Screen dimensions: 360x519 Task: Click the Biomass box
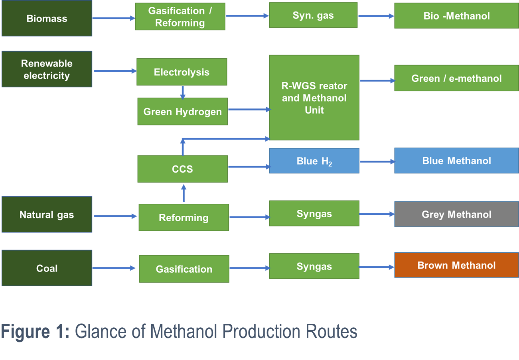[x=47, y=19]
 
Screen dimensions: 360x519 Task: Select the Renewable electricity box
[x=47, y=69]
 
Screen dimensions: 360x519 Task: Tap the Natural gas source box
[x=47, y=214]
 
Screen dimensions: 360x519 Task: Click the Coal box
[x=47, y=268]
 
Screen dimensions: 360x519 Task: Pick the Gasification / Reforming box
[x=180, y=17]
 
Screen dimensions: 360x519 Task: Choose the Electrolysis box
[x=182, y=72]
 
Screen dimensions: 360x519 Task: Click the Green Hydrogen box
[x=183, y=112]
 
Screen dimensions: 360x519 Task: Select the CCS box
[x=182, y=169]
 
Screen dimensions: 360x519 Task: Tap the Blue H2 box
[x=314, y=161]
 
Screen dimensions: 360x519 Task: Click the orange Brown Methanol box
[x=456, y=265]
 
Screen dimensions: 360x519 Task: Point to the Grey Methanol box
[x=456, y=214]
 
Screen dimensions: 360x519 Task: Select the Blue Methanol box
[x=456, y=161]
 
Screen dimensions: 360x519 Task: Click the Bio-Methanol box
[x=456, y=16]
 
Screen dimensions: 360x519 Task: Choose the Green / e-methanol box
[x=456, y=79]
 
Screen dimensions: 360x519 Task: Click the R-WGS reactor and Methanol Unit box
[x=314, y=98]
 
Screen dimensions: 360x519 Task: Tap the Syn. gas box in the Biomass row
[x=313, y=16]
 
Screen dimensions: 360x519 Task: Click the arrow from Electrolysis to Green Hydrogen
[x=183, y=92]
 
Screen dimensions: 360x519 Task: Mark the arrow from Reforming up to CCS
[x=184, y=193]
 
